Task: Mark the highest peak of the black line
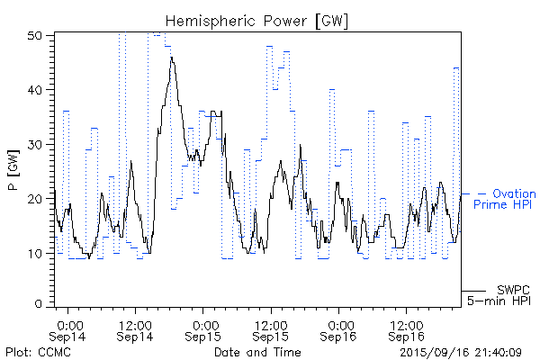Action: point(171,58)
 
